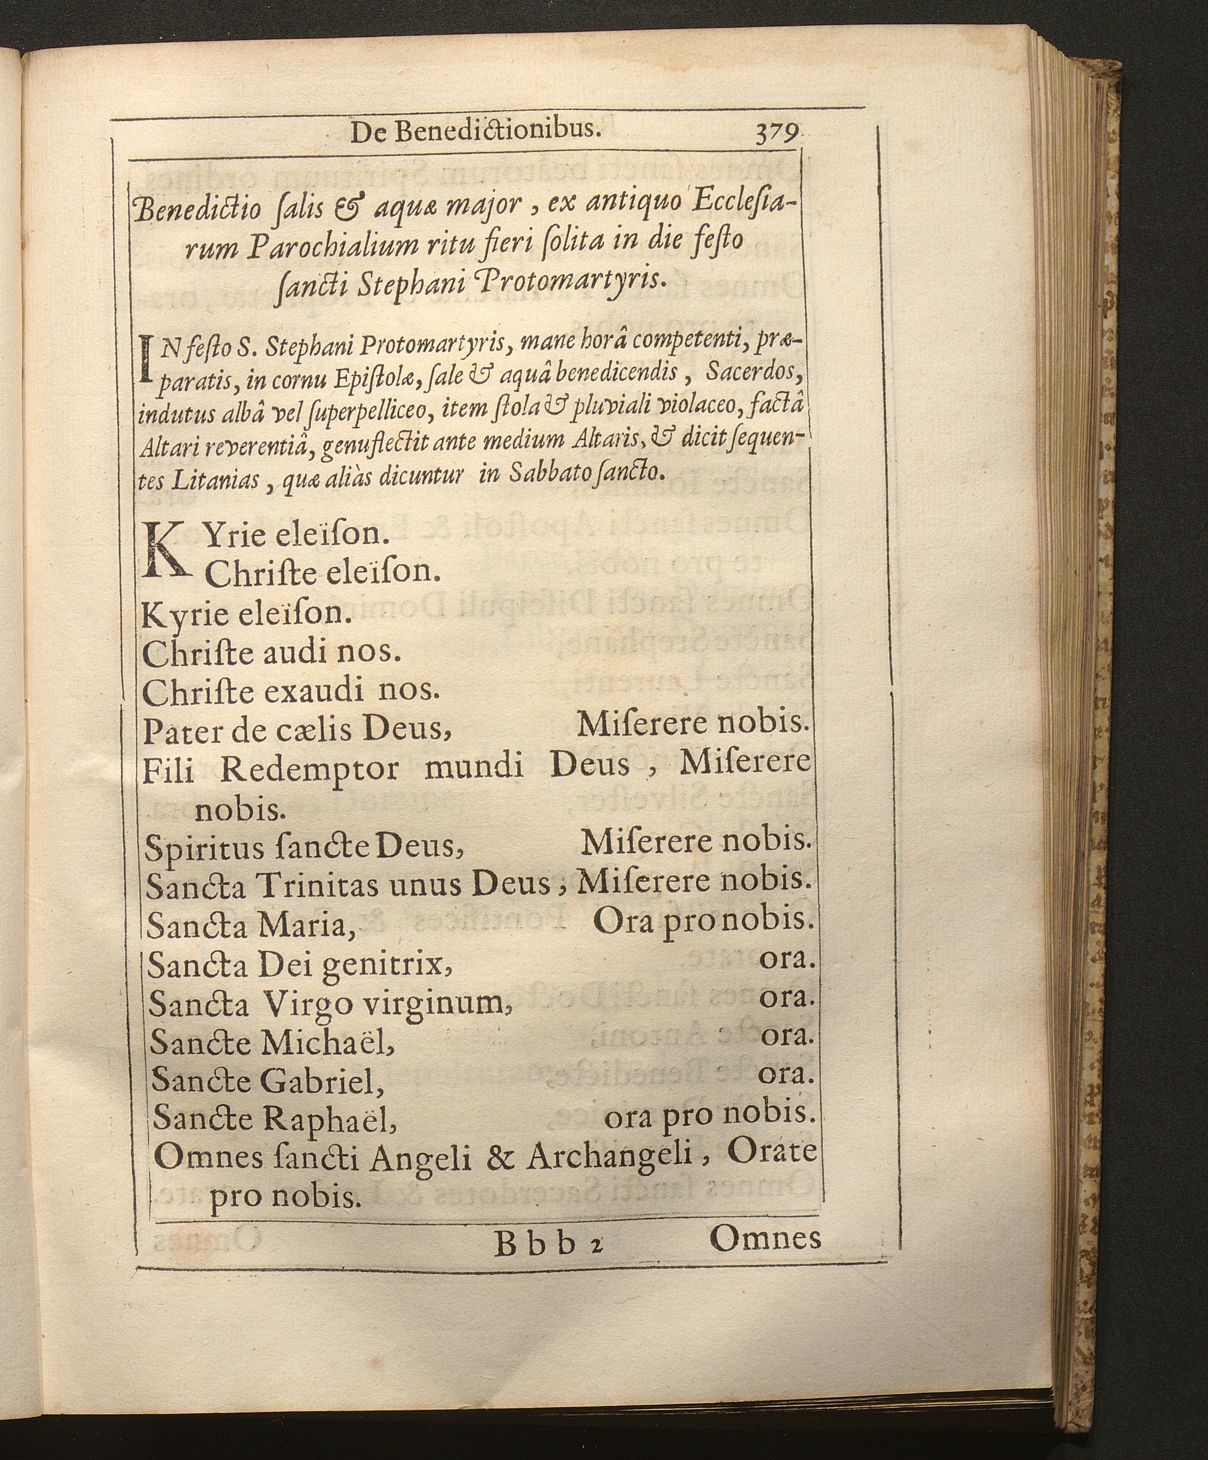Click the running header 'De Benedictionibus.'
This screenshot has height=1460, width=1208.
476,131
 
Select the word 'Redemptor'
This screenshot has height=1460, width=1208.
310,768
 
